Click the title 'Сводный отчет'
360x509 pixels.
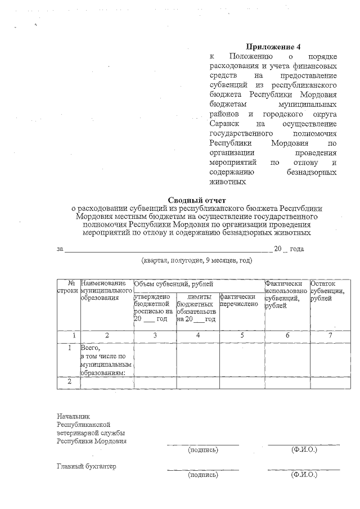coord(196,200)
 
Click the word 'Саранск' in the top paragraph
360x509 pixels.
coord(223,123)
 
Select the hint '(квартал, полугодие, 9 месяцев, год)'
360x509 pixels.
coord(196,260)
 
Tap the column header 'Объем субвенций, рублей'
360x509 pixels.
coord(169,284)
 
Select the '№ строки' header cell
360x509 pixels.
coord(68,287)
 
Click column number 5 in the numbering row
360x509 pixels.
coord(242,335)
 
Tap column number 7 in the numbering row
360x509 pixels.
coord(330,335)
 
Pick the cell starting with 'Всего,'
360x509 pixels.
coord(106,360)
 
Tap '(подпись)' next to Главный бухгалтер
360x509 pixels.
coord(203,475)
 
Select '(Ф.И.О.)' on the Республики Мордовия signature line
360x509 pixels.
coord(304,450)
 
